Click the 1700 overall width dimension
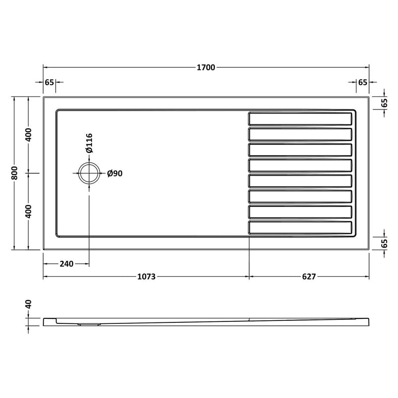205,67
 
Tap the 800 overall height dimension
15,173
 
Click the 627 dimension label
308,277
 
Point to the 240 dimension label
66,264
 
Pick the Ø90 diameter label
115,173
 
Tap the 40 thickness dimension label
29,304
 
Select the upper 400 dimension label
29,135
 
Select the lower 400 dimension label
29,211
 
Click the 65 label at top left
49,82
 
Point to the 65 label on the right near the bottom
384,243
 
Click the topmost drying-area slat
300,119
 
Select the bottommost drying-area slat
300,227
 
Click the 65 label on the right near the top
384,103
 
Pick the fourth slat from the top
300,165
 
